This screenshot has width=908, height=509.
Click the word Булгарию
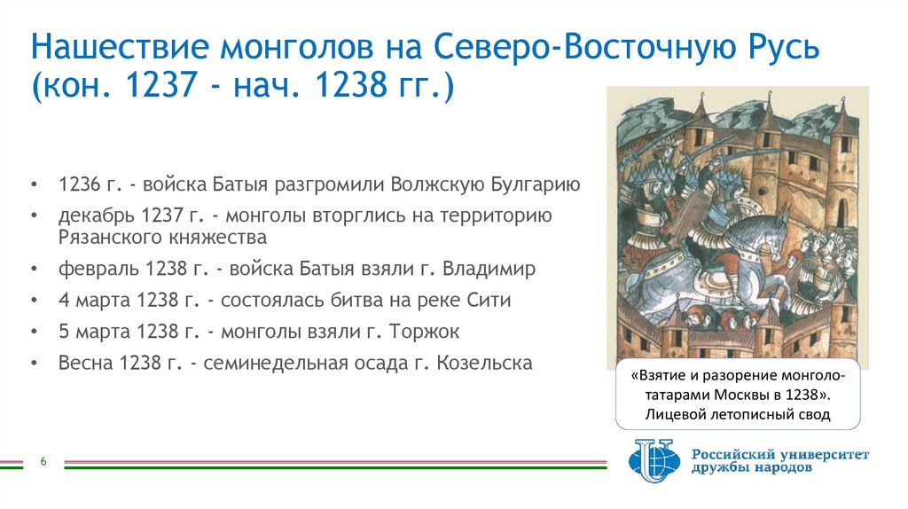[532, 184]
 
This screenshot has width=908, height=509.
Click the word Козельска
[484, 363]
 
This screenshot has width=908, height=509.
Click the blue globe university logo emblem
[655, 461]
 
